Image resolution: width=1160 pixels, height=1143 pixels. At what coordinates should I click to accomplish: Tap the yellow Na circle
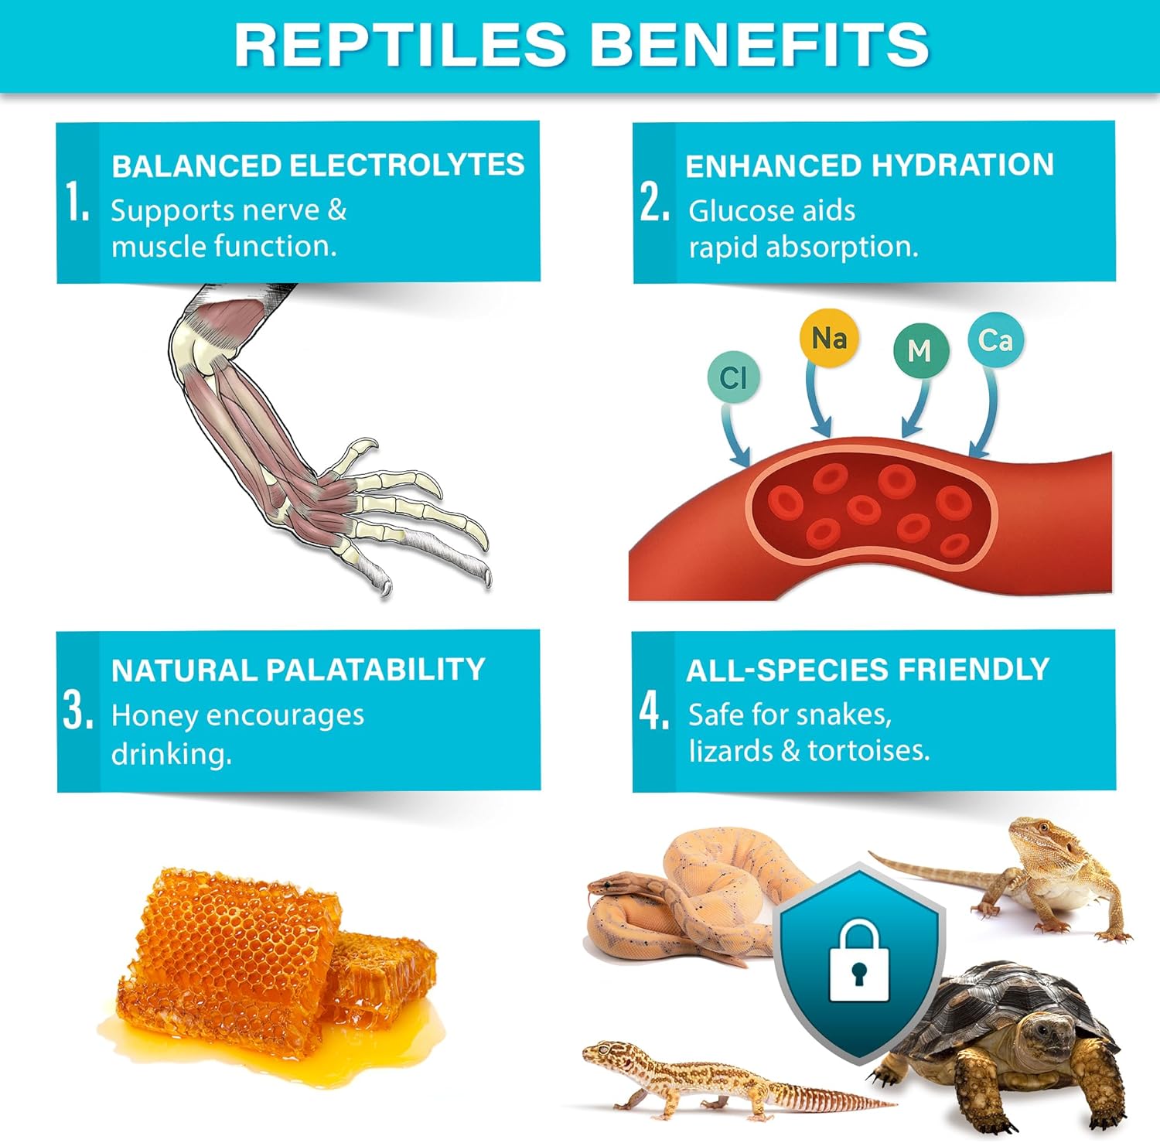click(828, 338)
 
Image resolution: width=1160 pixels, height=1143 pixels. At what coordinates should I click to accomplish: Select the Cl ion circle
click(733, 377)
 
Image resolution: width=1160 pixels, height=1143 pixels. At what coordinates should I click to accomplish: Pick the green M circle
click(919, 350)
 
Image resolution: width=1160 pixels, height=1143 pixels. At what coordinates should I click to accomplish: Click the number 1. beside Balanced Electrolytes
click(77, 203)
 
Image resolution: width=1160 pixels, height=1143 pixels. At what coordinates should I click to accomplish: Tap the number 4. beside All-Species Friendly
click(654, 711)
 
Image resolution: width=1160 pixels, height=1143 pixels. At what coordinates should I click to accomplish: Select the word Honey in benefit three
click(154, 716)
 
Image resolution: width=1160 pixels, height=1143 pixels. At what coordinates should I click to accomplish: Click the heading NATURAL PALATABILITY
click(298, 670)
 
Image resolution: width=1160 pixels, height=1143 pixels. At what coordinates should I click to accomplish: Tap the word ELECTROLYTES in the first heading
click(406, 165)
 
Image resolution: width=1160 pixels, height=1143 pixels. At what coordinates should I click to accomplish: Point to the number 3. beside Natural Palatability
click(78, 711)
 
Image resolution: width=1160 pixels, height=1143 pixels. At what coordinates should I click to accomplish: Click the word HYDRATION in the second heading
click(962, 165)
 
